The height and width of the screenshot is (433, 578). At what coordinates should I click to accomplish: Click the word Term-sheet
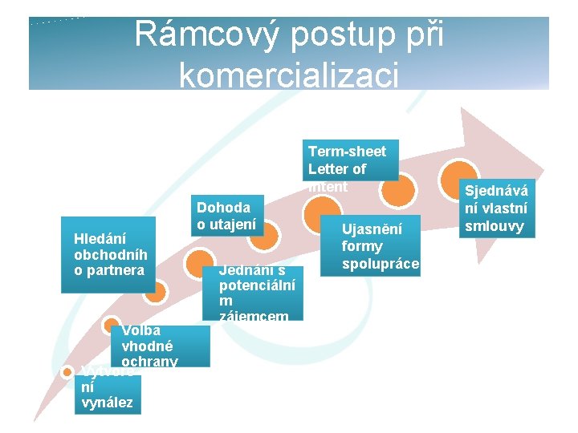coord(347,152)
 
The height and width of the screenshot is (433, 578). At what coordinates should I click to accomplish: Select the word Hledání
coord(100,238)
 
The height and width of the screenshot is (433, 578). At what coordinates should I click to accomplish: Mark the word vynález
coord(107,403)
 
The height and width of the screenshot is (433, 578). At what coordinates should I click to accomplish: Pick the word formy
coord(361,246)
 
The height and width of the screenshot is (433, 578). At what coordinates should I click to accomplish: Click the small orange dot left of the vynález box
coord(67,372)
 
